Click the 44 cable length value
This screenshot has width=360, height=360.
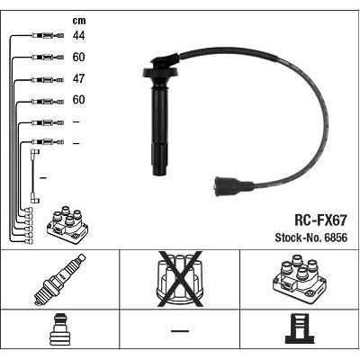pos(78,36)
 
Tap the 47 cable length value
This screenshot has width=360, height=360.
pos(78,78)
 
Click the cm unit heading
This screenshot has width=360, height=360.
pos(79,21)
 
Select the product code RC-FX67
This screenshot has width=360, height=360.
pos(321,220)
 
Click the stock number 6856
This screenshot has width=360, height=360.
pos(336,238)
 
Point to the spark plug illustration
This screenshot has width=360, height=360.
pos(59,280)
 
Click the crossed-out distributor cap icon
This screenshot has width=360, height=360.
pos(180,279)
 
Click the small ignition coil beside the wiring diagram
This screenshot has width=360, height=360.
pos(67,224)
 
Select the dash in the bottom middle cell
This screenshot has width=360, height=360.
pos(180,331)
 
